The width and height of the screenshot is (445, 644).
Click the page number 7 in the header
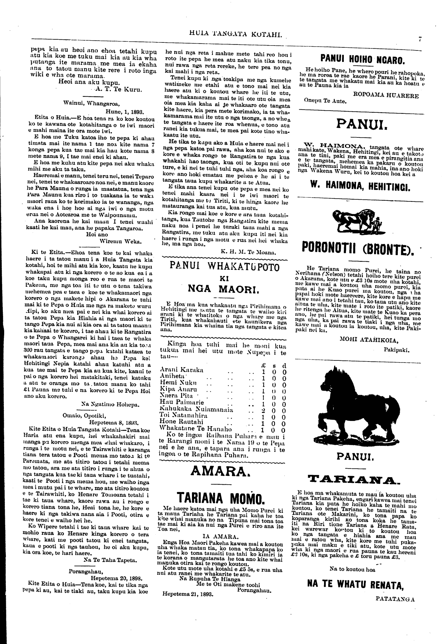pyautogui.click(x=420, y=39)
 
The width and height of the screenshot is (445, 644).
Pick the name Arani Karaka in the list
pyautogui.click(x=182, y=370)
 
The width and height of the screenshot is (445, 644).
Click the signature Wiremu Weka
pyautogui.click(x=120, y=240)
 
